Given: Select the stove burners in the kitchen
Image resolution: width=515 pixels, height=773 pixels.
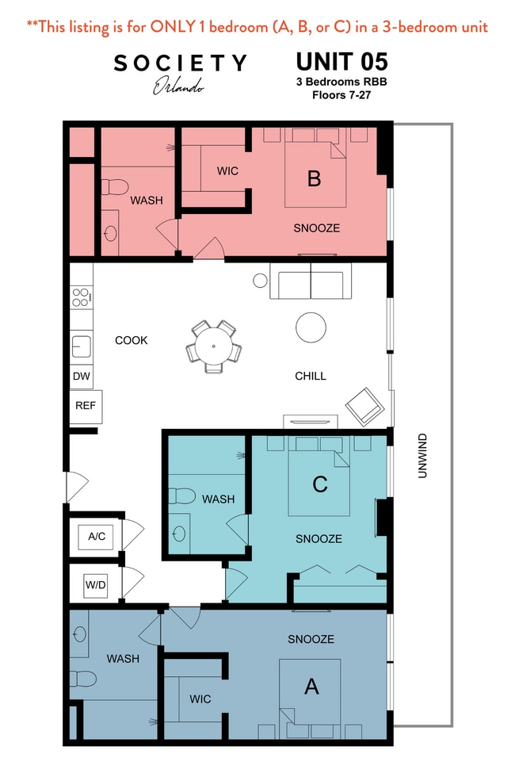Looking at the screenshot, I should (x=81, y=297).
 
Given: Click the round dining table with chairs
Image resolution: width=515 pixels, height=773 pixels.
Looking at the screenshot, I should (x=213, y=346).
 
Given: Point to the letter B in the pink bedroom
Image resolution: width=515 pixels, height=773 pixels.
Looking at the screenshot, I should (x=314, y=178).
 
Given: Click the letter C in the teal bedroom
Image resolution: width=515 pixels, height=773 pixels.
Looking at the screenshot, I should (x=319, y=484).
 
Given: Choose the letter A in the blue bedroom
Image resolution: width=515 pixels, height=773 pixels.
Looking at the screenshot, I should (x=311, y=687).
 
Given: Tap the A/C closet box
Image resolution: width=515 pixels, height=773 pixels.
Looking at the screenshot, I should (x=97, y=537).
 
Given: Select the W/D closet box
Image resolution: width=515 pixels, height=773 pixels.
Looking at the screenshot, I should (x=95, y=585).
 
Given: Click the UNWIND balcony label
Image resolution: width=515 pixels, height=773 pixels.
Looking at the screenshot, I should (x=422, y=457).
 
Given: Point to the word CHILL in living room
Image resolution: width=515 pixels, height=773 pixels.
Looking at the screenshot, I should (x=310, y=376).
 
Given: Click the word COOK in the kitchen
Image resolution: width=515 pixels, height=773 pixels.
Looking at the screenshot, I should (x=132, y=340).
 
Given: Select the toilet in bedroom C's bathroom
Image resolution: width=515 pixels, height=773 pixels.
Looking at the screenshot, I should (x=181, y=497).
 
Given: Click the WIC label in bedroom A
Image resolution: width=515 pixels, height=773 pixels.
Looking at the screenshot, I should (x=200, y=698).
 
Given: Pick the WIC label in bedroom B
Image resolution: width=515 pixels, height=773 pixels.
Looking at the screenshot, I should (x=227, y=170).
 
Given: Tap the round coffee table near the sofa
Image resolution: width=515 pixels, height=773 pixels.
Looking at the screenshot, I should (x=311, y=327).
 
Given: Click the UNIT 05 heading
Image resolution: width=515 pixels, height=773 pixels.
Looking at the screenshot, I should (x=341, y=62).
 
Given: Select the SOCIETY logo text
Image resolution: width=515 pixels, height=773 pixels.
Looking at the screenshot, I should (x=180, y=63).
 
